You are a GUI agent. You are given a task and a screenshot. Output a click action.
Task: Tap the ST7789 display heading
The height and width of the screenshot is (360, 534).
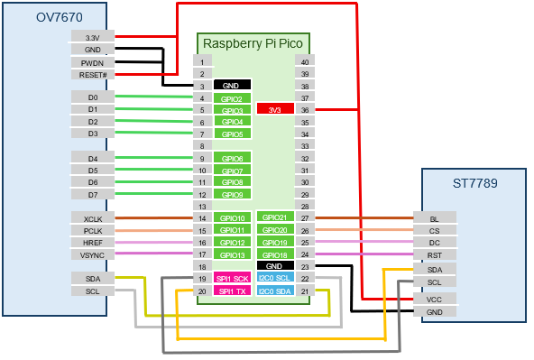(x=474, y=182)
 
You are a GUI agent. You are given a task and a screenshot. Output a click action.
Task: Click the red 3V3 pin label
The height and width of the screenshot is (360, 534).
(x=275, y=109)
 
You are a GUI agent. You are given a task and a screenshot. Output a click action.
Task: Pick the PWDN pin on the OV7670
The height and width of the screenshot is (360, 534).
(x=93, y=62)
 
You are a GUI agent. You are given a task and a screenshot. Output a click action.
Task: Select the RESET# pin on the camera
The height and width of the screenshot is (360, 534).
(x=93, y=75)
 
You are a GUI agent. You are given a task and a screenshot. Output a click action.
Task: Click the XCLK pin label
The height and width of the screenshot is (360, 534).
(x=93, y=218)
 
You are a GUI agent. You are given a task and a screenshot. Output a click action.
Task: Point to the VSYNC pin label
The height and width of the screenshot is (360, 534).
(x=93, y=255)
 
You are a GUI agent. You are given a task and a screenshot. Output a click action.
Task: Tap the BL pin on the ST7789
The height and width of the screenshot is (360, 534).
(x=435, y=218)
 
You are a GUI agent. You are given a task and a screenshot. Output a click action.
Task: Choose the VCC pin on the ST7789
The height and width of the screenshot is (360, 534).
(x=435, y=299)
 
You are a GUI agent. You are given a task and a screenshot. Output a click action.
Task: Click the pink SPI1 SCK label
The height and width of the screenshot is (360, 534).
(x=232, y=279)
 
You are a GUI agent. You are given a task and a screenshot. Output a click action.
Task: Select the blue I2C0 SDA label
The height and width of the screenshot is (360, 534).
(x=275, y=291)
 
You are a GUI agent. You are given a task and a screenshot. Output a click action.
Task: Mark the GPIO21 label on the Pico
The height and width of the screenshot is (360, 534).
(x=275, y=218)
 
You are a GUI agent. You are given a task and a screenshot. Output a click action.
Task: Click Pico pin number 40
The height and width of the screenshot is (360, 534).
(x=306, y=60)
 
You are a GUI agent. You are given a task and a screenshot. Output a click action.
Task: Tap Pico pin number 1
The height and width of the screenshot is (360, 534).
(x=202, y=60)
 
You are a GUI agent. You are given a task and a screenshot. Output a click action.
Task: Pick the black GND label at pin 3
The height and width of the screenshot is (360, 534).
(x=232, y=86)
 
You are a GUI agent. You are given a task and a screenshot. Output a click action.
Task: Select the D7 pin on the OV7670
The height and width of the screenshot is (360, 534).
(x=93, y=194)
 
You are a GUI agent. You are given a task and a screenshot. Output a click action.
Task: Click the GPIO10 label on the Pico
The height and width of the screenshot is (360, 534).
(x=232, y=218)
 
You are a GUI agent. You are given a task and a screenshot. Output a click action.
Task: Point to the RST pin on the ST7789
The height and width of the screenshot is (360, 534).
(x=435, y=255)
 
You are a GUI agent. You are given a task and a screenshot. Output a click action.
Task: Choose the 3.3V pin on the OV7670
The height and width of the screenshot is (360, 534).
(x=93, y=37)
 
